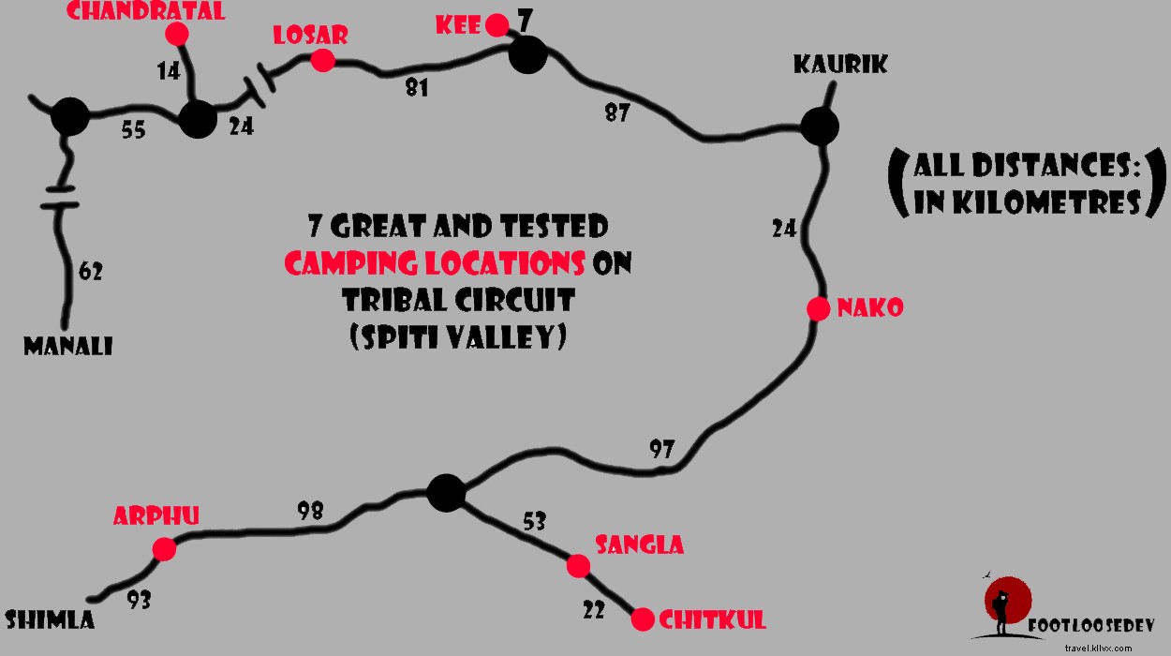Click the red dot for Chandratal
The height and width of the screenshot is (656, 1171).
point(176,34)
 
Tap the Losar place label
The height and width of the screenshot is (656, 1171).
point(310,36)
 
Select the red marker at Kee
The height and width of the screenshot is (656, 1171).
point(499,23)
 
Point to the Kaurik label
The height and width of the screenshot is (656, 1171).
point(839,65)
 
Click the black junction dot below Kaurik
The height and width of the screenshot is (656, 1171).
point(820,126)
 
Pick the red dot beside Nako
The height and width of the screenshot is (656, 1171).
point(818,308)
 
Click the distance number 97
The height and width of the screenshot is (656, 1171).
point(661,449)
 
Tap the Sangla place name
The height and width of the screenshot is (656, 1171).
point(640,544)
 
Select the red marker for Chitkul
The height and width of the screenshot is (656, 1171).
point(643,619)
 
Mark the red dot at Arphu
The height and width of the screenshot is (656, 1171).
point(164,549)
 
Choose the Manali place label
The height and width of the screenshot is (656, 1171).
point(67,347)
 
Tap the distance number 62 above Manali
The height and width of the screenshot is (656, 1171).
point(90,273)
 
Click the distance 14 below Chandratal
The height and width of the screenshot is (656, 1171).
point(169,70)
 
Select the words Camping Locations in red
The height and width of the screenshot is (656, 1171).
point(435,264)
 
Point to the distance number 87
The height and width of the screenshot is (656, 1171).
point(615,112)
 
